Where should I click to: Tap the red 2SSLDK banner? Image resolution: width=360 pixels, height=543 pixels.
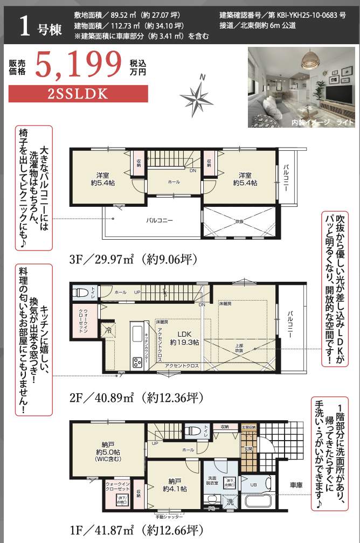[79, 93]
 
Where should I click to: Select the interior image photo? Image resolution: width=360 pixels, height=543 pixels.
[301, 87]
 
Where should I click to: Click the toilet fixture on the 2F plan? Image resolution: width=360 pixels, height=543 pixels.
[81, 294]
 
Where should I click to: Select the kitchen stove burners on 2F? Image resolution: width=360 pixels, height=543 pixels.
[137, 362]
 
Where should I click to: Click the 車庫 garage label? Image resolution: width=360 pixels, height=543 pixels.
[296, 484]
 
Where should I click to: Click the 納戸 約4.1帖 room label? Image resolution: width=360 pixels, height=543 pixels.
[174, 485]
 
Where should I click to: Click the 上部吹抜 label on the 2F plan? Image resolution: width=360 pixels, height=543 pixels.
[238, 347]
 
